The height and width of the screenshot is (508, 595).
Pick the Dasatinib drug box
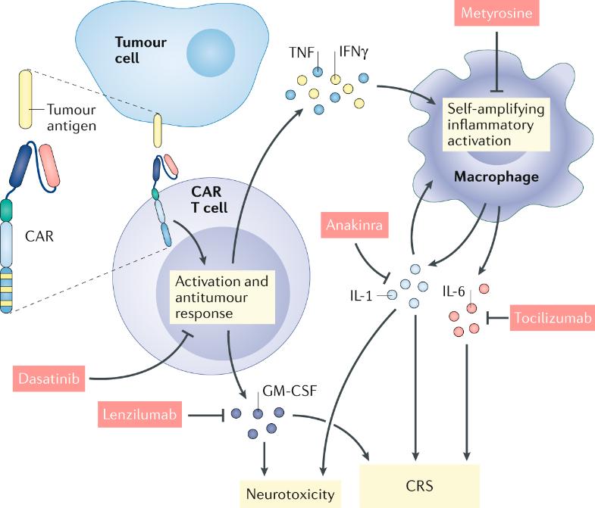coord(47,376)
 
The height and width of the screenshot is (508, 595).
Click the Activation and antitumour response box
coord(221,297)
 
